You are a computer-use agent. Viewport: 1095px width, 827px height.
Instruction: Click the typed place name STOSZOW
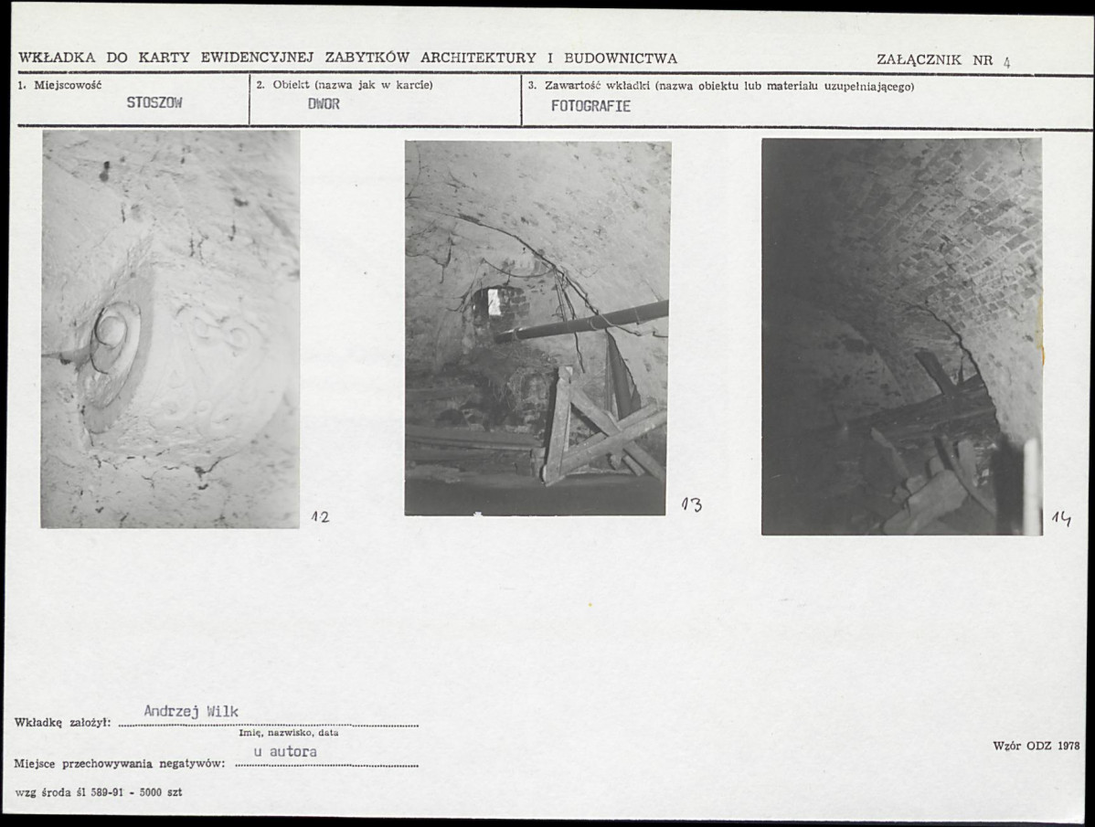(154, 102)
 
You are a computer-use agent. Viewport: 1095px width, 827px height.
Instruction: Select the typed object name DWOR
(324, 104)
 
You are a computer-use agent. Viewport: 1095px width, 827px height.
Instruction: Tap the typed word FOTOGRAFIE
(590, 106)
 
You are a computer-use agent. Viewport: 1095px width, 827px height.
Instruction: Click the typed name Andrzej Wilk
(191, 711)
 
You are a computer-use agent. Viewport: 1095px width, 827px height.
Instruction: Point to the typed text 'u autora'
(285, 752)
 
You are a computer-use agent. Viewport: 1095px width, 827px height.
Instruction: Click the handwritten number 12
(320, 517)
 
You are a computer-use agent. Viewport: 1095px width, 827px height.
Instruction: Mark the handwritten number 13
(692, 504)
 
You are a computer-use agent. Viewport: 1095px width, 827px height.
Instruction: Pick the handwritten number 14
(1061, 518)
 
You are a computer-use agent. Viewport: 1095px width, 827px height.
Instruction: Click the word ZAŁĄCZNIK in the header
(919, 60)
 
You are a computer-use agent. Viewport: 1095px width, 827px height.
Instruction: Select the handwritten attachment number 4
(1007, 61)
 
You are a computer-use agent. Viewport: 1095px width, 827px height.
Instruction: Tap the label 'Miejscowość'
(68, 85)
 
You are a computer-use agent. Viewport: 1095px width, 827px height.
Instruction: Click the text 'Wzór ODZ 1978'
(1037, 746)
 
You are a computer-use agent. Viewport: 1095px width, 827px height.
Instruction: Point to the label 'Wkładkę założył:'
(63, 722)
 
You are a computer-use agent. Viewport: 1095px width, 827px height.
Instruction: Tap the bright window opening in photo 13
(494, 302)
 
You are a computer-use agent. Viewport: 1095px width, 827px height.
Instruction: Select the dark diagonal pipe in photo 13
(581, 322)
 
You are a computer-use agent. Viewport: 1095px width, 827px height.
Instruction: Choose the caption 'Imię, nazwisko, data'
(289, 733)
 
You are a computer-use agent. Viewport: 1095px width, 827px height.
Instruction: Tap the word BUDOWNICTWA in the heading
(621, 58)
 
